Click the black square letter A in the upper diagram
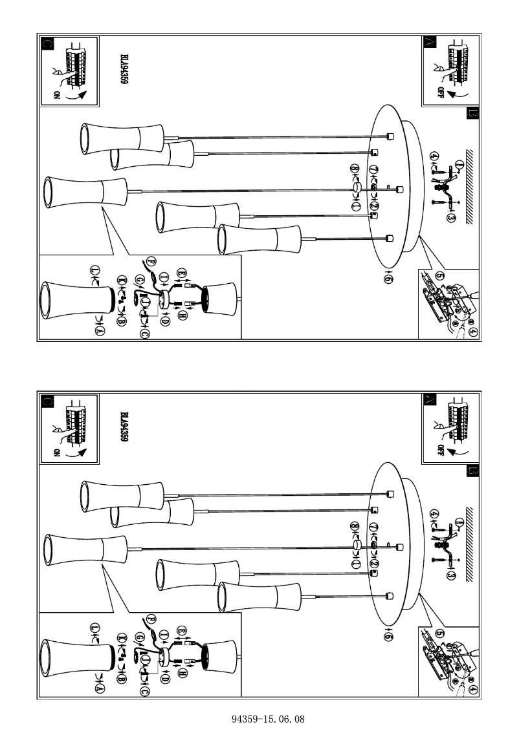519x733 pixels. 430,43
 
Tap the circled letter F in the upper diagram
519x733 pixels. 151,261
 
